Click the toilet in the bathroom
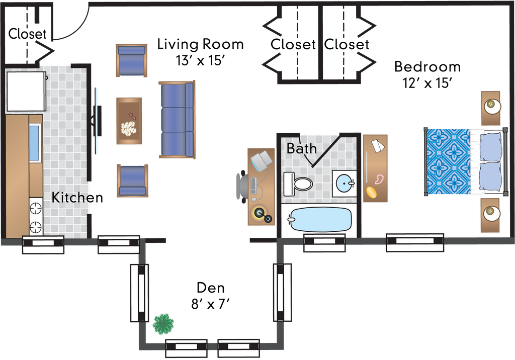[x=298, y=183]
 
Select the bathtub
[x=319, y=219]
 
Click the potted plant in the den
[x=163, y=324]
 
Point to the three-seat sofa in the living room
[x=177, y=120]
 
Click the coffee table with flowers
[x=129, y=121]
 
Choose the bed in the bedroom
[x=465, y=161]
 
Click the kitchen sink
[x=35, y=143]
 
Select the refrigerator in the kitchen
[x=26, y=92]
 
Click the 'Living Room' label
[x=200, y=44]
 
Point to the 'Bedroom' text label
[x=427, y=67]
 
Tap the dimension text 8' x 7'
[x=210, y=305]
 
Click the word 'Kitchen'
[x=77, y=198]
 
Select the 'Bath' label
[x=302, y=148]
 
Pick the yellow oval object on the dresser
[x=371, y=192]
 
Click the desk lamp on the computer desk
[x=262, y=161]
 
